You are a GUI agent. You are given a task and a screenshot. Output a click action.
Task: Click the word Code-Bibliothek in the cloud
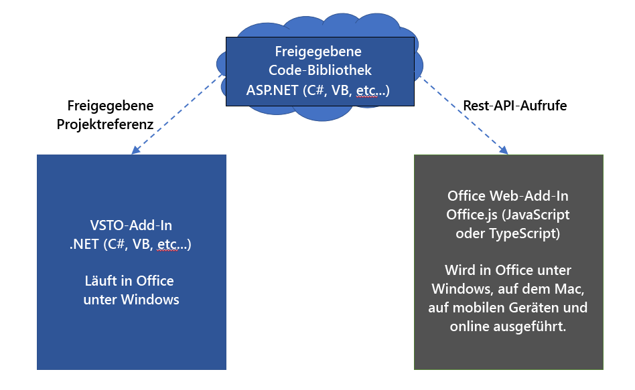tap(320, 70)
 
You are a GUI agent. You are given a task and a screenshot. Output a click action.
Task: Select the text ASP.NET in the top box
tap(271, 89)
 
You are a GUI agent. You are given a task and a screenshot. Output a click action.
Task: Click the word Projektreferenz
tap(111, 124)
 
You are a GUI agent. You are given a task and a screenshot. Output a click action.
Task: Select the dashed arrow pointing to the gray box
tap(462, 114)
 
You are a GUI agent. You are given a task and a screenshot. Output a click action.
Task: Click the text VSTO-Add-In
tap(131, 227)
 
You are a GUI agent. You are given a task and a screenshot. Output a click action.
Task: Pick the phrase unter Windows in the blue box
tap(131, 299)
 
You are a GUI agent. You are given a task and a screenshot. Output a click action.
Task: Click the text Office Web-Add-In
tap(508, 197)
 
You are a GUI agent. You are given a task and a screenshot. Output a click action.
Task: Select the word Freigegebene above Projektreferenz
tap(111, 106)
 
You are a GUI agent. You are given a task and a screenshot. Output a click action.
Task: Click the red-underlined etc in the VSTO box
tap(167, 245)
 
